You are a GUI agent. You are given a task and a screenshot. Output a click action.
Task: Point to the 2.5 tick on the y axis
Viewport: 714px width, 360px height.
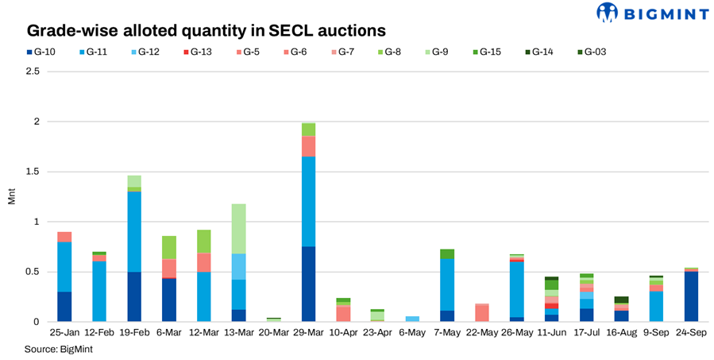(x=32, y=72)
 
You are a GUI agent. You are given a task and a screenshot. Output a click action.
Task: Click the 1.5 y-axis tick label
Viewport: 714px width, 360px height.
(x=32, y=172)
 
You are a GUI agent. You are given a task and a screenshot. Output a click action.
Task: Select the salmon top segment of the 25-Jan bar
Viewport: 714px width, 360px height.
(x=64, y=237)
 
